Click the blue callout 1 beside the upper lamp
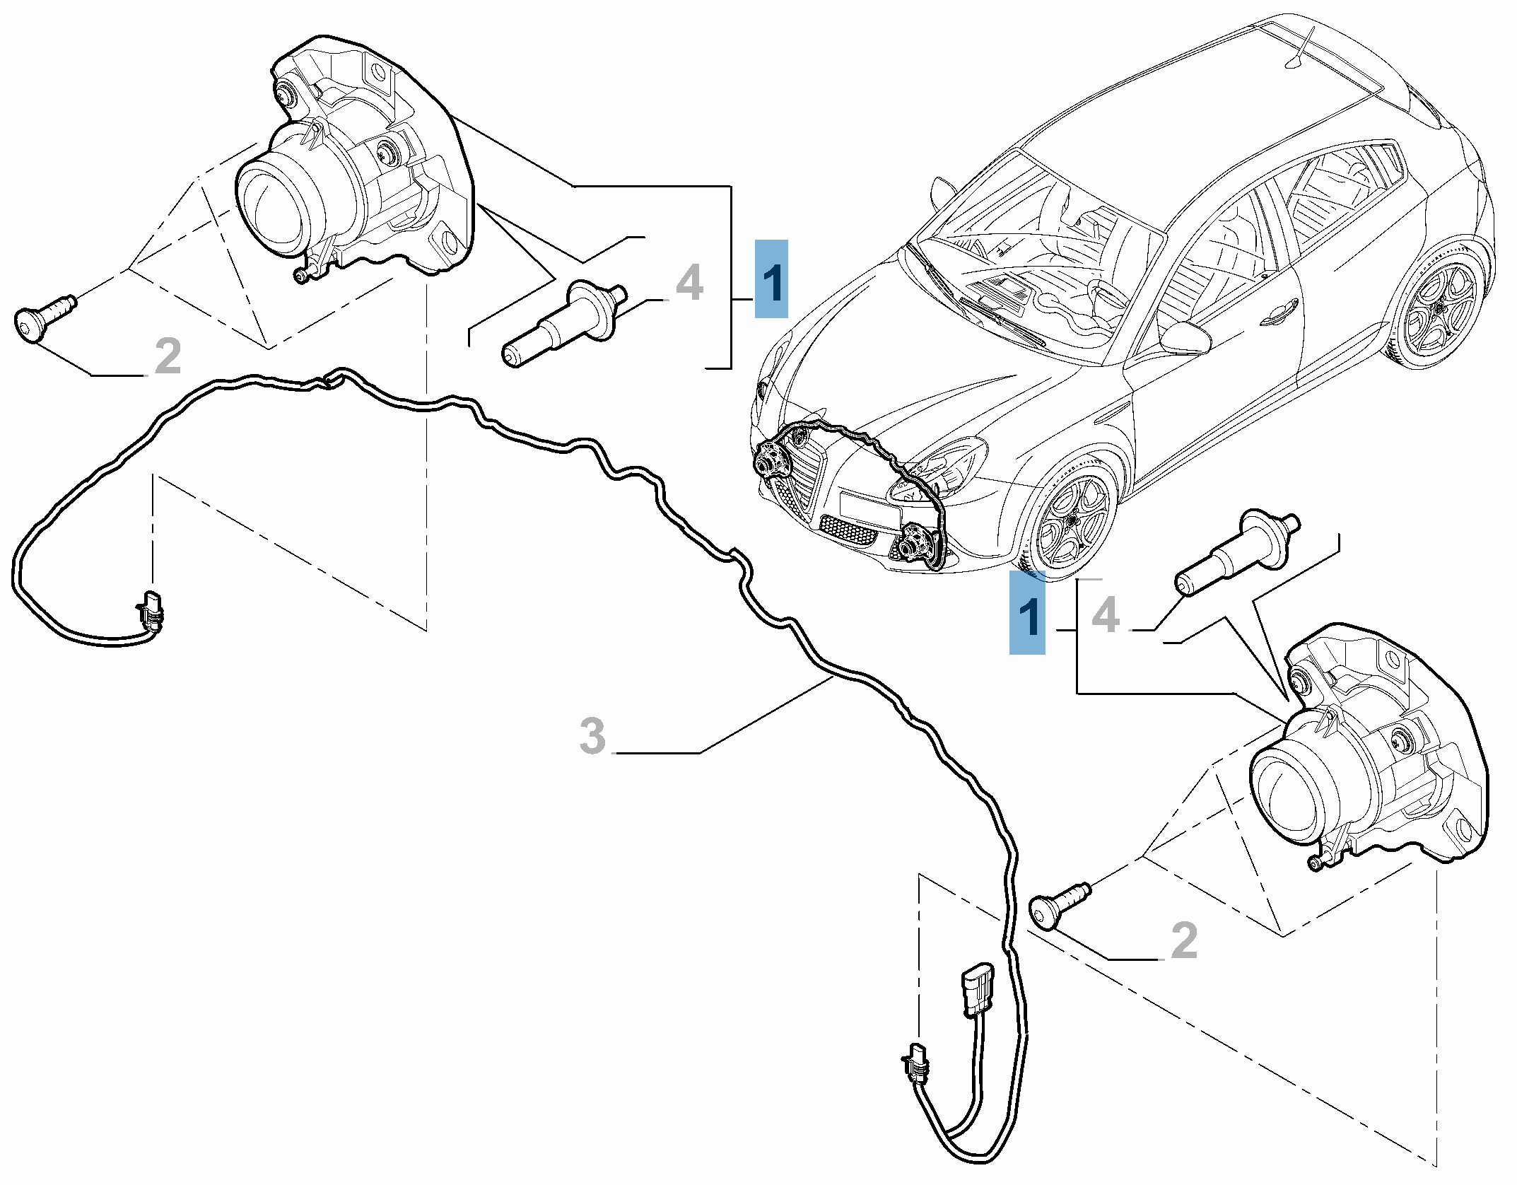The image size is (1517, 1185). tap(771, 279)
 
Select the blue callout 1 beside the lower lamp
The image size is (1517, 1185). tap(1026, 612)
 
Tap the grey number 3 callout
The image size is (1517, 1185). tap(592, 735)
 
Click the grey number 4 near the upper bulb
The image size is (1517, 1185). tap(689, 283)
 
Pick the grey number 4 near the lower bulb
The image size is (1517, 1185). tap(1106, 614)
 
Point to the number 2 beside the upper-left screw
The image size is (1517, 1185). tap(168, 356)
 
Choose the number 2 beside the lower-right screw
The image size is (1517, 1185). tap(1185, 940)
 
